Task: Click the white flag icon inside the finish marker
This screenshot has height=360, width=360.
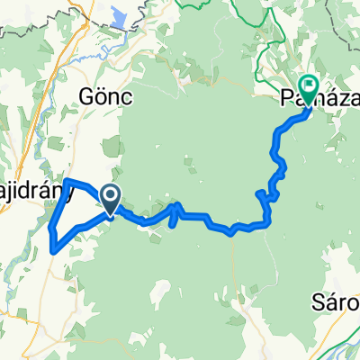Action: tap(309, 86)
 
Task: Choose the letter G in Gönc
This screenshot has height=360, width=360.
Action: tap(86, 96)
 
